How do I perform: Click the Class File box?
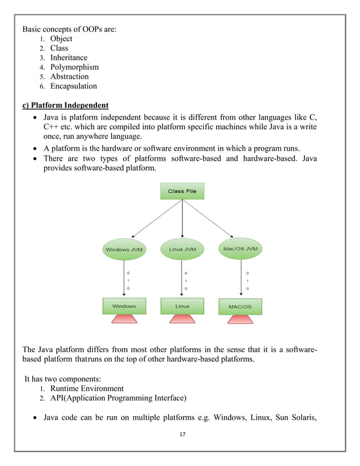[182, 191]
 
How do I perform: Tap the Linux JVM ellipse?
[182, 249]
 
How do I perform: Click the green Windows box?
[124, 306]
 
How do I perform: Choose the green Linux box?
[182, 306]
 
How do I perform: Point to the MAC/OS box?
[239, 307]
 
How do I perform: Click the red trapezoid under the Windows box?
[124, 319]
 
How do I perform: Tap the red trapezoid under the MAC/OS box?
[239, 319]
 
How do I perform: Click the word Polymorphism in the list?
[74, 67]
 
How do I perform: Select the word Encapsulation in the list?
[73, 86]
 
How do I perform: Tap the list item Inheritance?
[69, 58]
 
